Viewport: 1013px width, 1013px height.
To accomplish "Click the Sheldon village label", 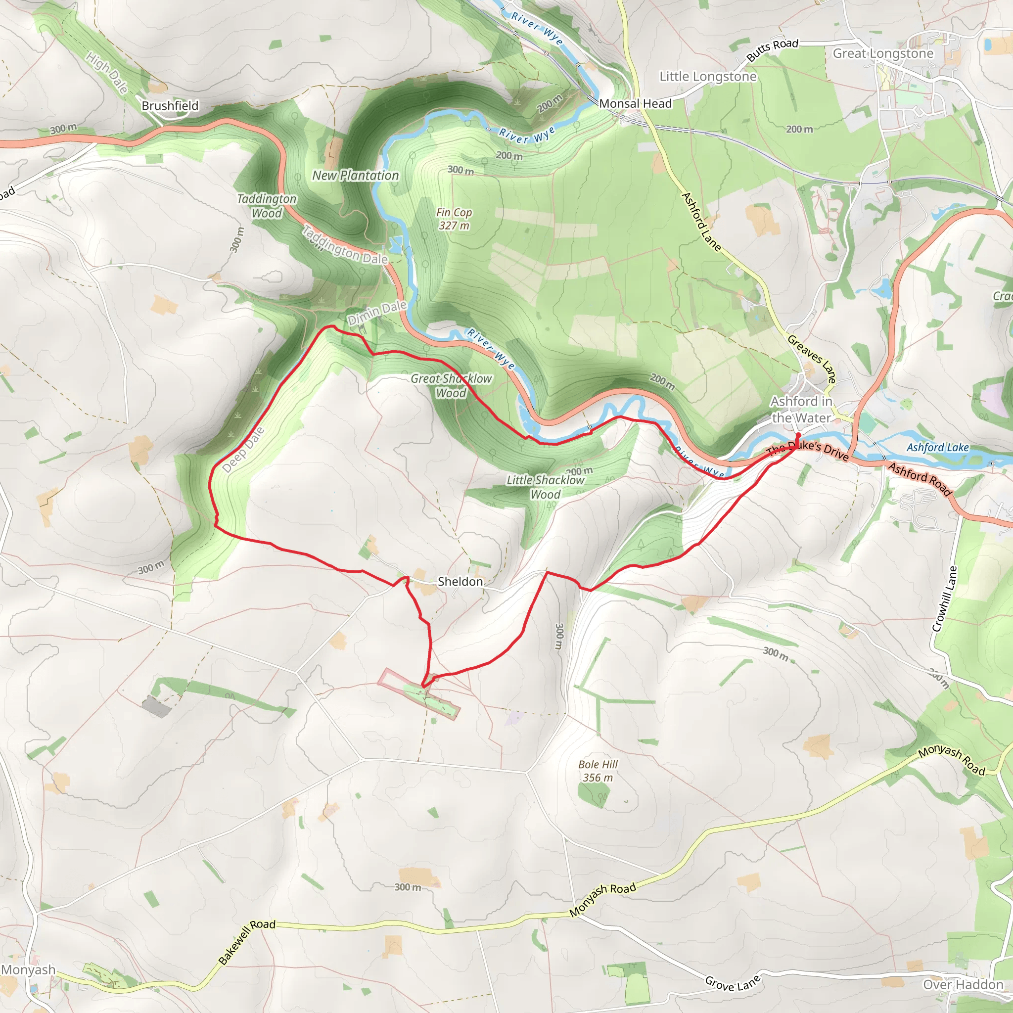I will click(x=460, y=582).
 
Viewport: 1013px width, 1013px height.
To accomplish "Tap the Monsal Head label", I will click(x=635, y=104).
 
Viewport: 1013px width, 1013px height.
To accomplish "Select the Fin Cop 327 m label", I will click(x=454, y=219).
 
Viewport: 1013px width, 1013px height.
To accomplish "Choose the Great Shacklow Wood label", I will click(x=451, y=385).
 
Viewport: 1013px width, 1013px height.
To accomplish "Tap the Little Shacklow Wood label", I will click(x=545, y=487).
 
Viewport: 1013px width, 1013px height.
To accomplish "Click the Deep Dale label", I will click(x=243, y=450).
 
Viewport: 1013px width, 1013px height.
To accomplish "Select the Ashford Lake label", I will click(x=937, y=447).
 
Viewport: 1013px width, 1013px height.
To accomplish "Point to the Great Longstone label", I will click(x=883, y=53).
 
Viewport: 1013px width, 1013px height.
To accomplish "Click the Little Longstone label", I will click(x=708, y=77).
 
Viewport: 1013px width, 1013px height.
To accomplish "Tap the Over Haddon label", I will click(x=963, y=985).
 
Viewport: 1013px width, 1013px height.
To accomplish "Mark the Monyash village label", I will click(x=28, y=969).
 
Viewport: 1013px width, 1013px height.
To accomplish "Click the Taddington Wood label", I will click(x=267, y=206).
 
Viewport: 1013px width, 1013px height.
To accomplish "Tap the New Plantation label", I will click(x=356, y=176).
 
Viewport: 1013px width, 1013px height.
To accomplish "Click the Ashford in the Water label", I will click(x=801, y=410).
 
